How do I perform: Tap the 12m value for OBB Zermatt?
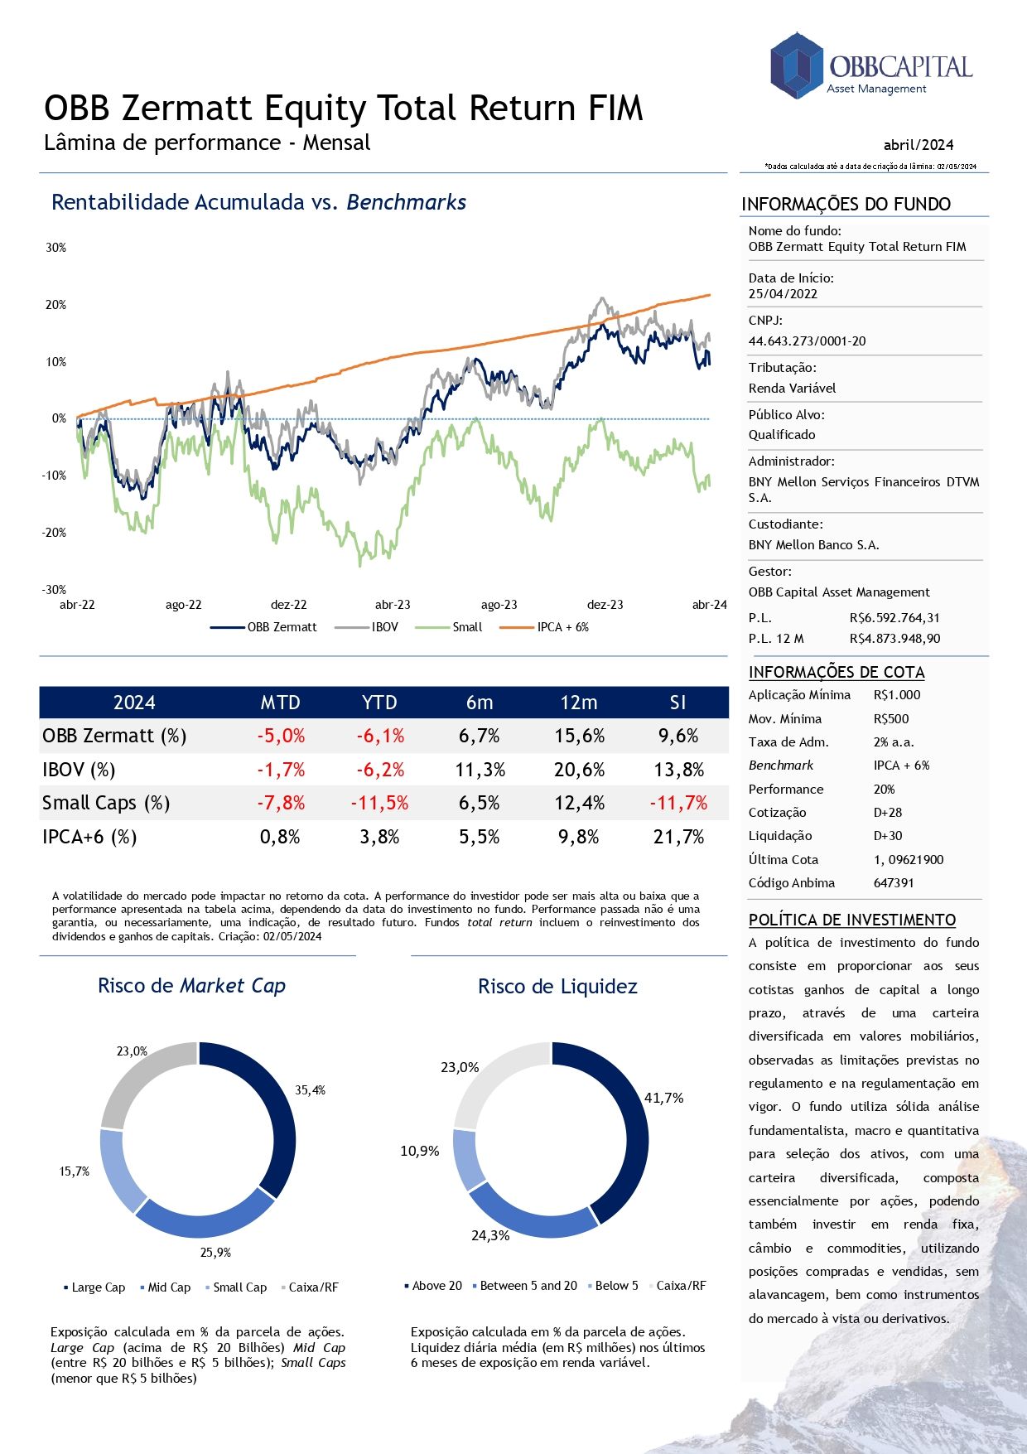coord(579,736)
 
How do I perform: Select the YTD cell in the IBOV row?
coord(380,770)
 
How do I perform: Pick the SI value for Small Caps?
coord(678,803)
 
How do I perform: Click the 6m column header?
coord(480,703)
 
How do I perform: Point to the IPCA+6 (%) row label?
coord(89,837)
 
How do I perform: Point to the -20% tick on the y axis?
coord(55,533)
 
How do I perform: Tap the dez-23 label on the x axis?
coord(605,605)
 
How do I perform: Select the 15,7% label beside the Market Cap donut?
coord(74,1171)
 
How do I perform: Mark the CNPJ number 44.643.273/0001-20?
coord(807,341)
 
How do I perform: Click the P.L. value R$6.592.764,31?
coord(894,617)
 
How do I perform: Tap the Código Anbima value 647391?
coord(894,882)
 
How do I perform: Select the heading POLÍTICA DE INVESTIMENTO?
coord(851,920)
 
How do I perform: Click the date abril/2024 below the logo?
coord(918,145)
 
